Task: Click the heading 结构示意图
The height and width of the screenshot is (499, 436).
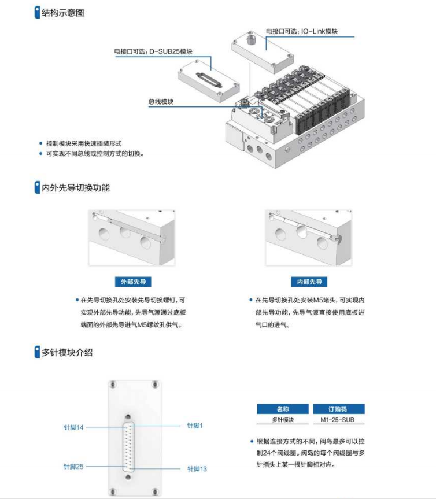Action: (x=62, y=13)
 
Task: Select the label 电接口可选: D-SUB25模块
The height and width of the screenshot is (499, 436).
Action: (x=153, y=51)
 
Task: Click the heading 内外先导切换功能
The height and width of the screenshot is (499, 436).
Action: (x=75, y=187)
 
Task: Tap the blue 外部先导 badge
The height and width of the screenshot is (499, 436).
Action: (x=132, y=282)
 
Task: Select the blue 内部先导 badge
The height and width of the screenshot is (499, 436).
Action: (x=309, y=282)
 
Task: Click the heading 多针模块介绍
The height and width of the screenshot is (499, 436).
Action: (x=66, y=352)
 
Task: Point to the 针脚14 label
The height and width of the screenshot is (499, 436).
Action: (x=74, y=428)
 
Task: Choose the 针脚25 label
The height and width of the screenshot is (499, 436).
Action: (x=74, y=466)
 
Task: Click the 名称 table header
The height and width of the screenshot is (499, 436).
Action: (x=283, y=409)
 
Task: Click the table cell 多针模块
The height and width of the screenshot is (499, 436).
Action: (x=283, y=420)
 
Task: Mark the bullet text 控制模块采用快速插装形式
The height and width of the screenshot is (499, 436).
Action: (x=84, y=143)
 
